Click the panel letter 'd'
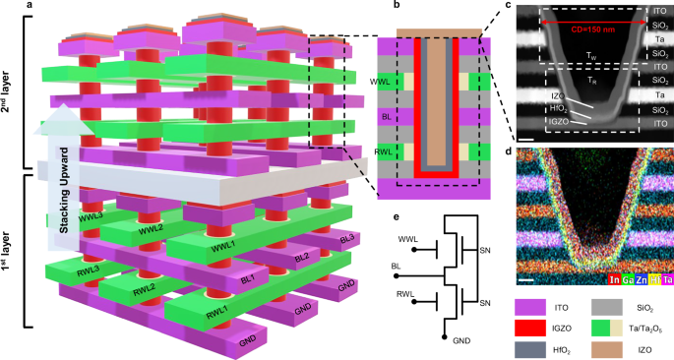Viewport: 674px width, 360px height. click(507, 149)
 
